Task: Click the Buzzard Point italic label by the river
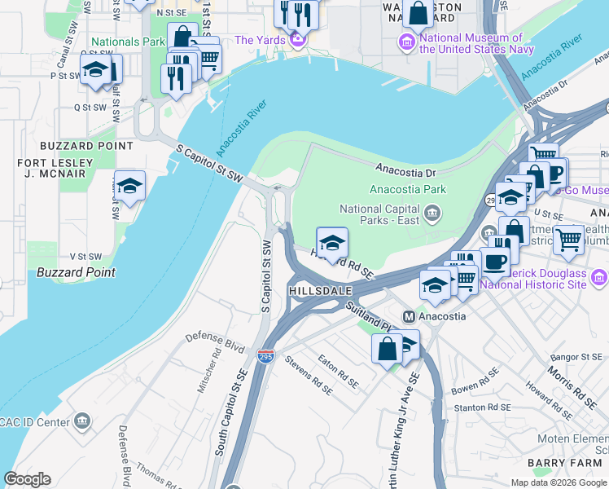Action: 76,272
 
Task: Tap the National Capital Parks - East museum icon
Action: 433,214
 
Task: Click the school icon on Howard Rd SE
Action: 331,242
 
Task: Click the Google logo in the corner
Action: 27,479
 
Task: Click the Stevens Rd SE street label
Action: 308,372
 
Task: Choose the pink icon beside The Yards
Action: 297,38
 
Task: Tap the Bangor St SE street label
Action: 575,357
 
